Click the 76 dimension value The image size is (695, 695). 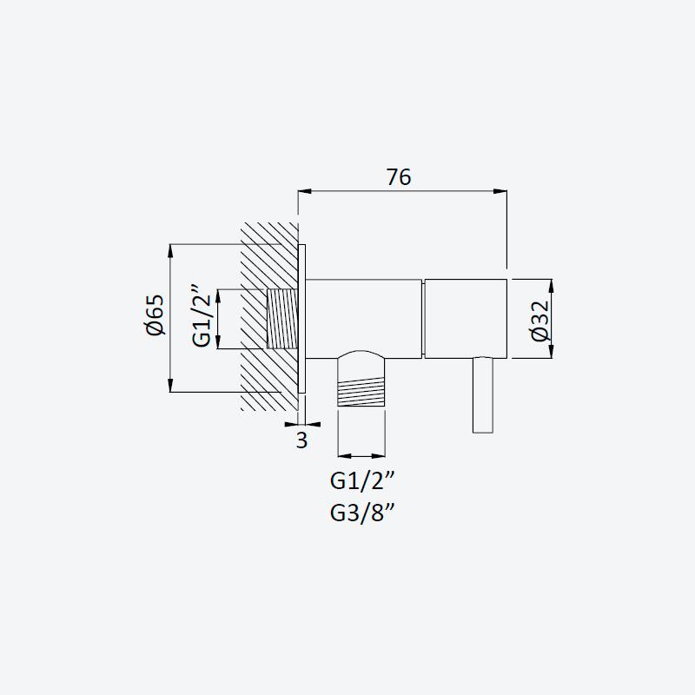[399, 177]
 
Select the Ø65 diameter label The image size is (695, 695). [155, 315]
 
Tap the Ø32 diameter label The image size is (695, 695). [540, 321]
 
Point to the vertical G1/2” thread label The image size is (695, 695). [202, 315]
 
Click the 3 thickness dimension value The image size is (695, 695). [301, 440]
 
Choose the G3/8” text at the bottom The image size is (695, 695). [362, 513]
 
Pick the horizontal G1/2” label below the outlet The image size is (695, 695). [362, 480]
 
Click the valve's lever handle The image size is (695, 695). [483, 395]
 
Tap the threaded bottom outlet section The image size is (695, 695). [361, 392]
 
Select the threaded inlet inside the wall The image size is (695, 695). [282, 319]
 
